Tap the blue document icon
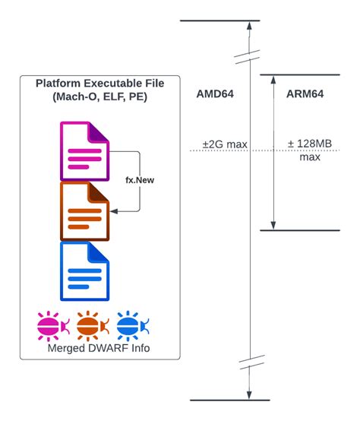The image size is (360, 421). pos(85,271)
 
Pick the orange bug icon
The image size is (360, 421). pos(92,325)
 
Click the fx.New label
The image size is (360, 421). pos(141,181)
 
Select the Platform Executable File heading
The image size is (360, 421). pos(99,83)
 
